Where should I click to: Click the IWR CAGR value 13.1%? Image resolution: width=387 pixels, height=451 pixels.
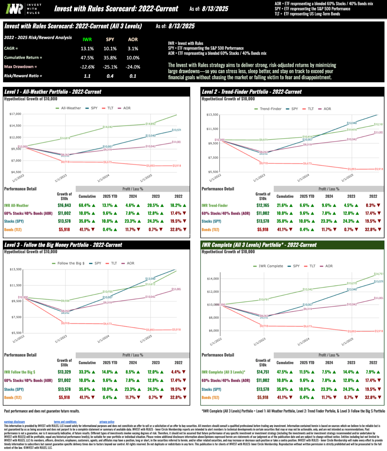[87, 49]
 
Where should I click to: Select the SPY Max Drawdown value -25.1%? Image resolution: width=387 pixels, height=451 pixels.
[110, 67]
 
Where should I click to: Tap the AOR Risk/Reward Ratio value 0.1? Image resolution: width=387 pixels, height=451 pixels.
[133, 76]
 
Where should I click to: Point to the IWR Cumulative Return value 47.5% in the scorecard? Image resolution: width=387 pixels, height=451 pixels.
[87, 58]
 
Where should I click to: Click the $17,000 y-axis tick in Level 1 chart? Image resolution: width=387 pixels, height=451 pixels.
[15, 114]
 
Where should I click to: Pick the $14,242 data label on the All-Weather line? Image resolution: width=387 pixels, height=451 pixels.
[107, 127]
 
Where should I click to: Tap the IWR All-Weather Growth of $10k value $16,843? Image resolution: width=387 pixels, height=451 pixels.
[64, 205]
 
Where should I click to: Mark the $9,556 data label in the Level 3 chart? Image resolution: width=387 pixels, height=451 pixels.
[65, 301]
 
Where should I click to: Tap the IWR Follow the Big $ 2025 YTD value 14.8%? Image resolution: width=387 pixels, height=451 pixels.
[107, 372]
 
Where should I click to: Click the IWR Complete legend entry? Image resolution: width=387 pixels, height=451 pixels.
[268, 266]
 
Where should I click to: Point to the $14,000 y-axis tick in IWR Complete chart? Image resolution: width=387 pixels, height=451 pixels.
[213, 279]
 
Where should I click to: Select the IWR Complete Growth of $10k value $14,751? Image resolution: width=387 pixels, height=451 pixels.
[263, 372]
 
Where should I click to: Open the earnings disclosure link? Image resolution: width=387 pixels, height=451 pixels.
[14, 422]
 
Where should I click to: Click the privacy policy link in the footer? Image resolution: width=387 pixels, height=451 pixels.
[107, 422]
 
